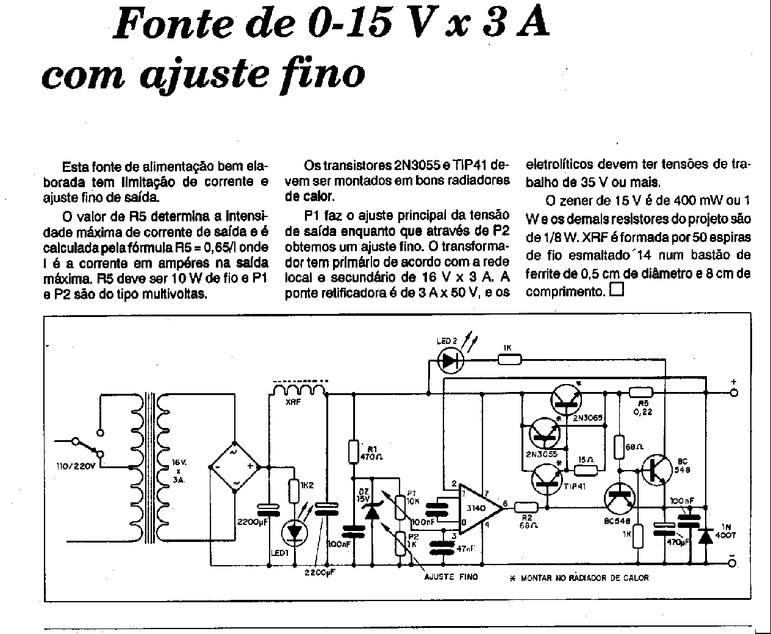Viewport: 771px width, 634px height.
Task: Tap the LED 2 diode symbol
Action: coord(450,361)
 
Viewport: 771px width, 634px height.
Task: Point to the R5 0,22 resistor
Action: coord(640,393)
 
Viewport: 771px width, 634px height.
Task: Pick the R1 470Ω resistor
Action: coord(353,452)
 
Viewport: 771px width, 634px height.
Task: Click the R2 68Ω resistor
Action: coord(526,506)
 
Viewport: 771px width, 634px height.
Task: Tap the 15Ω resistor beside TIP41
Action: coord(586,469)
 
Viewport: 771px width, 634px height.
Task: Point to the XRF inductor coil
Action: coord(299,390)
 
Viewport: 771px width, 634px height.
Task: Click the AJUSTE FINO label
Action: coord(451,576)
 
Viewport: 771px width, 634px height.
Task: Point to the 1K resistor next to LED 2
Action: coord(510,360)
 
